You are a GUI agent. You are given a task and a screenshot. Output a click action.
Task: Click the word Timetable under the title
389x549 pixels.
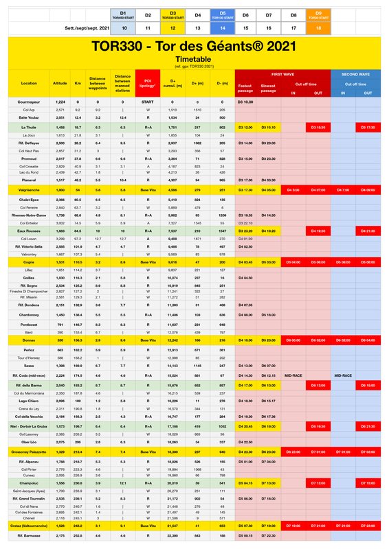coord(194,60)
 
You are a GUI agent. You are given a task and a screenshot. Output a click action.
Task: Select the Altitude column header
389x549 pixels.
coord(60,82)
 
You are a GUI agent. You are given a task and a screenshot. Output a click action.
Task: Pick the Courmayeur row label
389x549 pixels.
coord(29,102)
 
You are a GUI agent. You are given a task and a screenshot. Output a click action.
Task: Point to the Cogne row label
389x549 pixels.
coord(29,261)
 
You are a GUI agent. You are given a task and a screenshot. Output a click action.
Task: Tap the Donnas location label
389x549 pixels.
coord(29,340)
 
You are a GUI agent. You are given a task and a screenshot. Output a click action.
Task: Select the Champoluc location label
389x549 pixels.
coord(29,483)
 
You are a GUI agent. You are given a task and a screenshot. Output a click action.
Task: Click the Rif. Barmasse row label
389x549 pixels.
coord(29,535)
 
